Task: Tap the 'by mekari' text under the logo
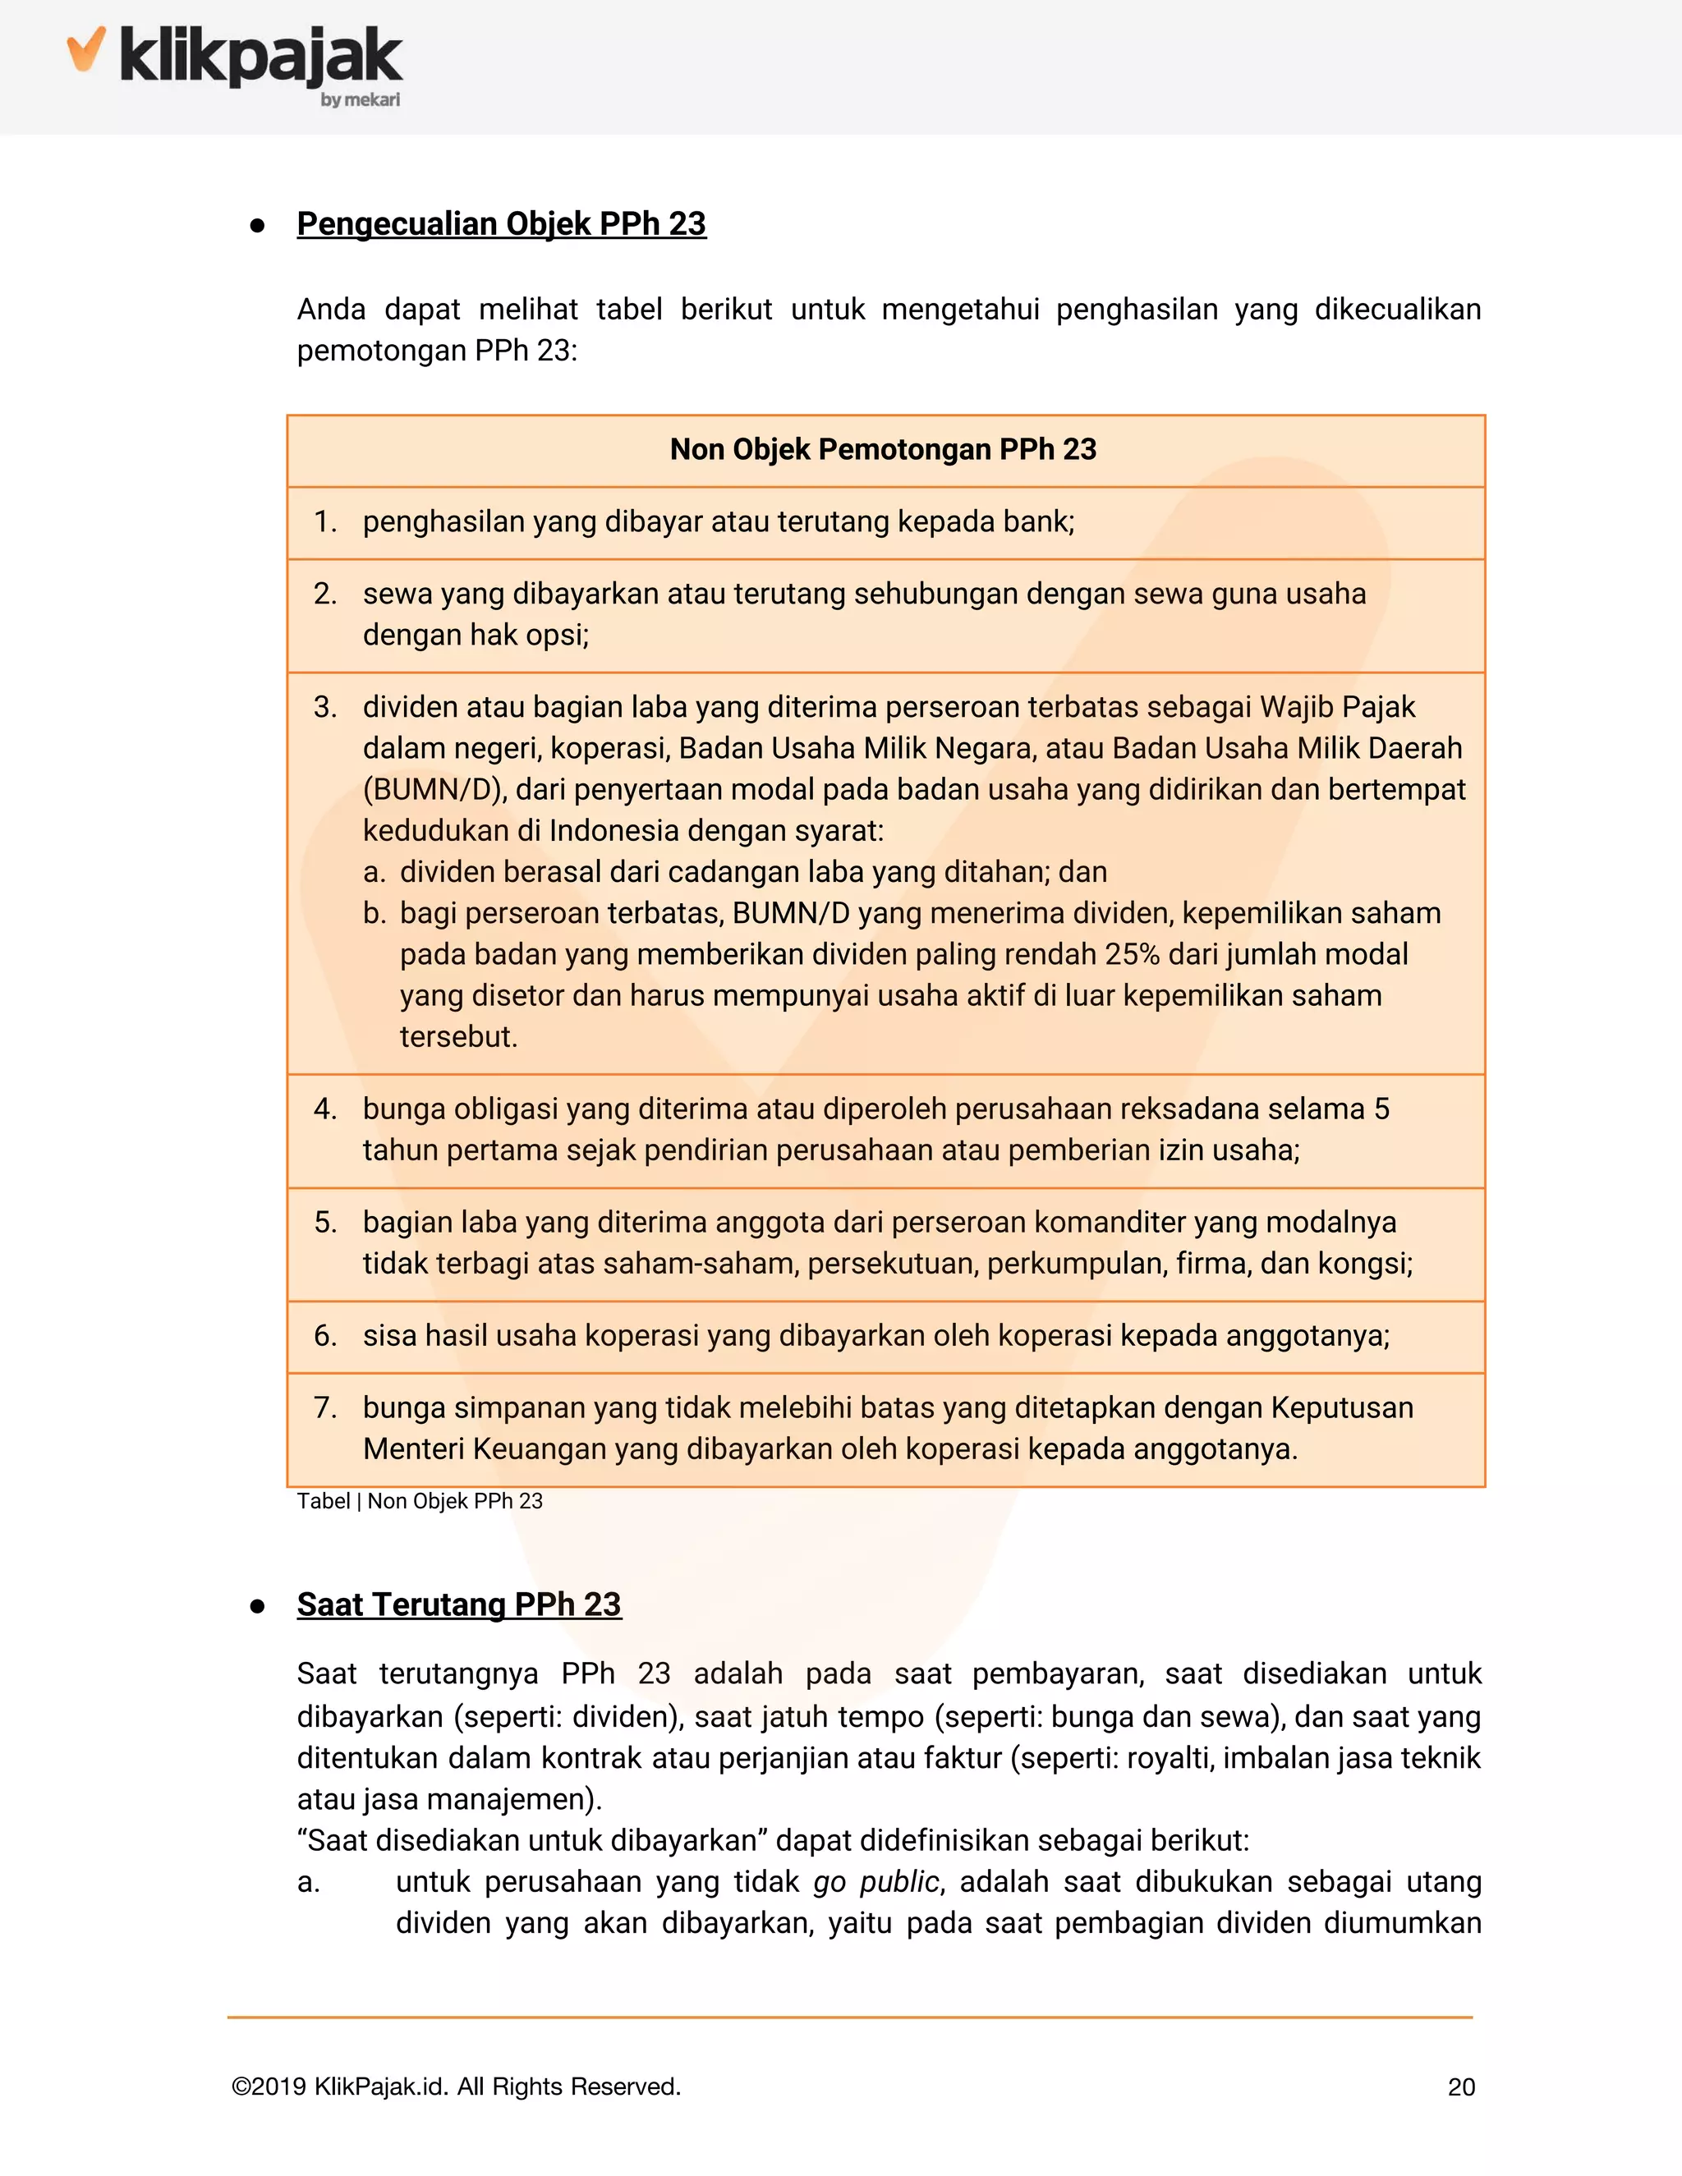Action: pyautogui.click(x=360, y=99)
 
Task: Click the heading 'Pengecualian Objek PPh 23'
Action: pyautogui.click(x=501, y=224)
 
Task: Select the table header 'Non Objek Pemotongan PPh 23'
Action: pyautogui.click(x=883, y=449)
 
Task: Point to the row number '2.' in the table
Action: pyautogui.click(x=325, y=594)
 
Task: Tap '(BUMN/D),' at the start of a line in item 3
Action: pyautogui.click(x=435, y=789)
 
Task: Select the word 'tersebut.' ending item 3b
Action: pyautogui.click(x=458, y=1037)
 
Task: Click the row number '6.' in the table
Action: pyautogui.click(x=325, y=1336)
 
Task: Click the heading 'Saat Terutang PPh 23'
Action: pyautogui.click(x=458, y=1605)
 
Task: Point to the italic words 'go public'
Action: pyautogui.click(x=875, y=1882)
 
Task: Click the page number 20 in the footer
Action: pyautogui.click(x=1461, y=2087)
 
